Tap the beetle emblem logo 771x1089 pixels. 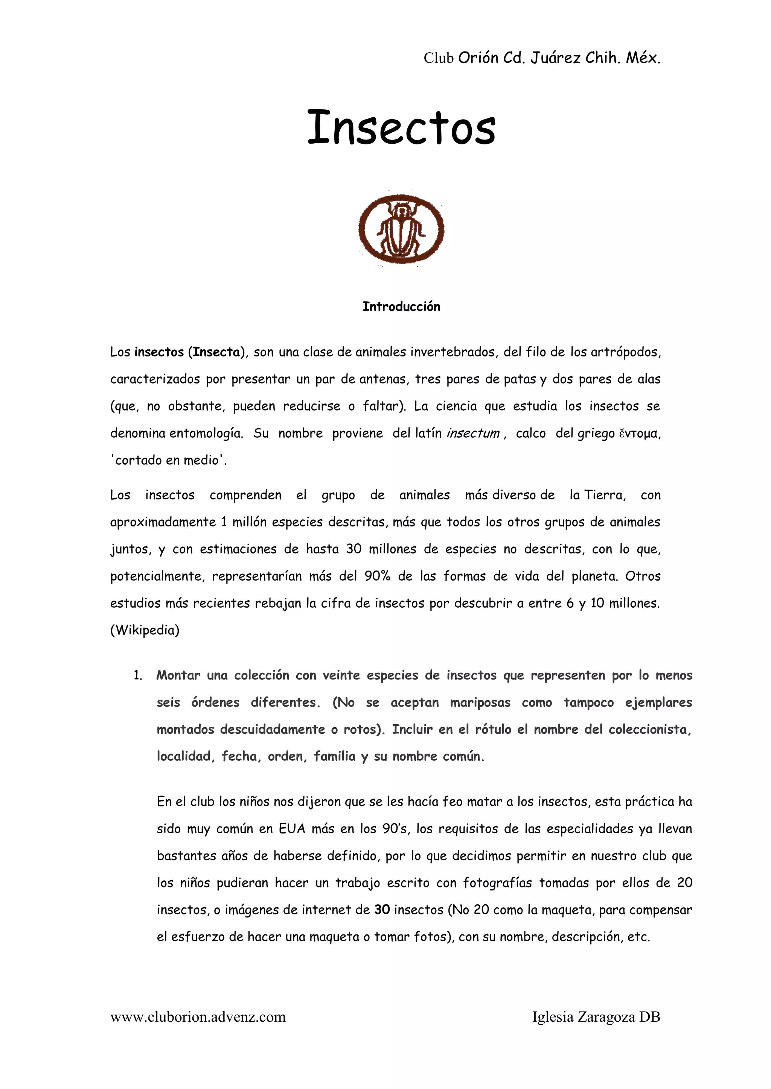[x=401, y=229]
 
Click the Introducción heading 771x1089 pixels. [x=401, y=307]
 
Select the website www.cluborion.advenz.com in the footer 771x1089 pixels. [x=198, y=1017]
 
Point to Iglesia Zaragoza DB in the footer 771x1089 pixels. [x=596, y=1017]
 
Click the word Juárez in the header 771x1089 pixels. [x=555, y=58]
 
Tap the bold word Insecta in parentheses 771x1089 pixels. [x=216, y=352]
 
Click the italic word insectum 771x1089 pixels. [x=472, y=433]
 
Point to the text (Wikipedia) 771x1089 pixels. [x=145, y=630]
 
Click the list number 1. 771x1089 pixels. [x=138, y=675]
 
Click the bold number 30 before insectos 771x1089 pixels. [x=382, y=910]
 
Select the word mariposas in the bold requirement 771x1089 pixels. [x=480, y=702]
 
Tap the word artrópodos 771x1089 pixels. [x=625, y=352]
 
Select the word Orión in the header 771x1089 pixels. [x=478, y=58]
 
